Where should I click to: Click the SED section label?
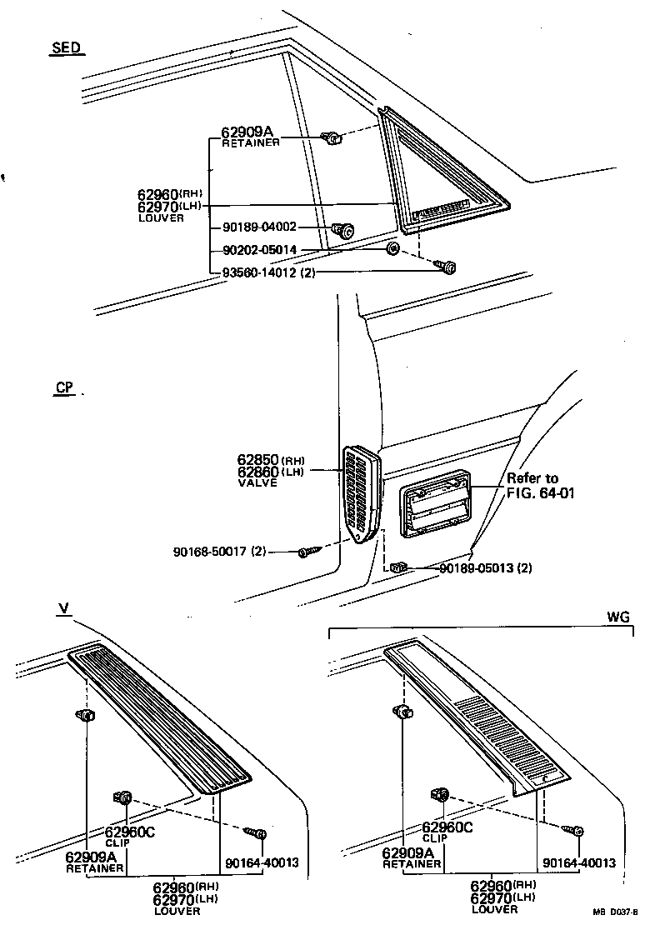click(66, 47)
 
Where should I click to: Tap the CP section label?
click(64, 387)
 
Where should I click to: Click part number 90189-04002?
click(259, 227)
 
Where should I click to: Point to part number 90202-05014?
click(259, 249)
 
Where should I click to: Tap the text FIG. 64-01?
click(541, 492)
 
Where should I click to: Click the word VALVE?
click(256, 482)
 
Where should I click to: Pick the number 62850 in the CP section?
click(257, 459)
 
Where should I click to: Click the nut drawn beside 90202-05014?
click(392, 249)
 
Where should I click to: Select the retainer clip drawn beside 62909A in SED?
click(332, 138)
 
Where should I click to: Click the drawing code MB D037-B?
click(615, 912)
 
